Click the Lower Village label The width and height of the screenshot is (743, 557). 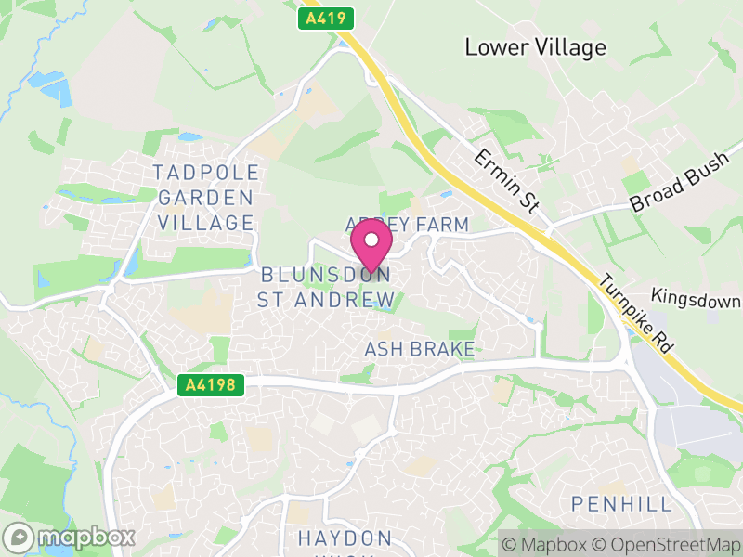535,47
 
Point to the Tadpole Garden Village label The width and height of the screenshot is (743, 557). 205,198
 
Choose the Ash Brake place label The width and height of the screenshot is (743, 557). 420,349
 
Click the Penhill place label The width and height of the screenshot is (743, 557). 621,504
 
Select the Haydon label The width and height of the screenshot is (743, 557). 345,538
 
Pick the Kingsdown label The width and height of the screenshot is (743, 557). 697,299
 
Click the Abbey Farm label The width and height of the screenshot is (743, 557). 407,226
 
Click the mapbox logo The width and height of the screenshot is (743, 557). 71,537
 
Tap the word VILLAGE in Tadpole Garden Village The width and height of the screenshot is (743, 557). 206,223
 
